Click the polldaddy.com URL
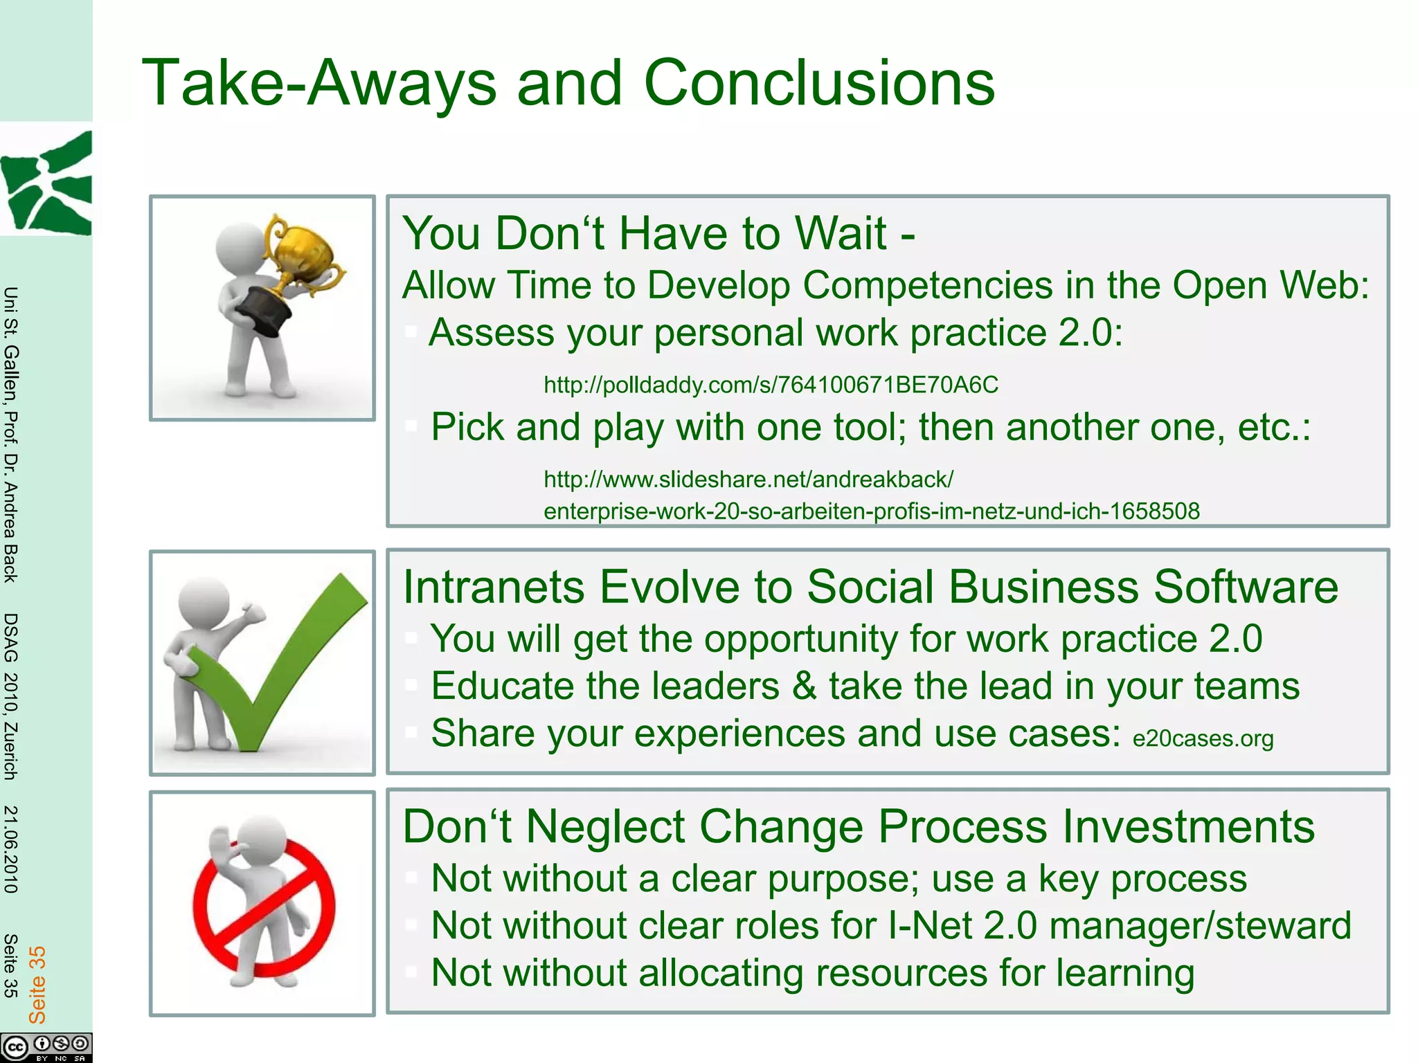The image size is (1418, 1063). pos(771,385)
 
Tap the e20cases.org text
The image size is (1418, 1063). pos(1203,738)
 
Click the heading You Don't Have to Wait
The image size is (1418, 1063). pos(658,233)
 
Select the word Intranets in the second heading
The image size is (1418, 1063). pos(494,587)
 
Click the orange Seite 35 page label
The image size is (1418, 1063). pos(37,984)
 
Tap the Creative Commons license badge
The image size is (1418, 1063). pos(46,1047)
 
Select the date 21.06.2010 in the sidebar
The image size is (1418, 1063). pos(10,849)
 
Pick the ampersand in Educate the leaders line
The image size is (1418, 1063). pos(804,686)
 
